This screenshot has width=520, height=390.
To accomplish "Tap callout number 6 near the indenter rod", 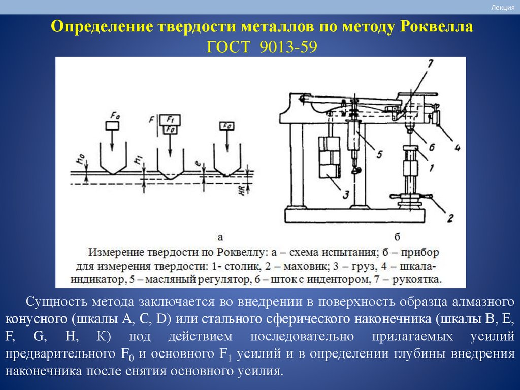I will coord(431,147).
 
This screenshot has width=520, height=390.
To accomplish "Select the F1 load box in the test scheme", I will coord(170,120).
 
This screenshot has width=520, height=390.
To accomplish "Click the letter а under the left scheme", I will coord(220,236).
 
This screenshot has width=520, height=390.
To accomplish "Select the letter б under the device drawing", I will coord(397,236).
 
